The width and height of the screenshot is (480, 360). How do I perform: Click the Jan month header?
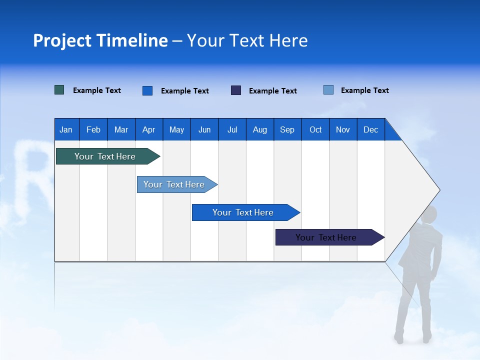pyautogui.click(x=66, y=129)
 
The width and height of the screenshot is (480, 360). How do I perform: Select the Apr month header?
pyautogui.click(x=148, y=129)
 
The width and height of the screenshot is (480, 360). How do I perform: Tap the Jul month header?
pyautogui.click(x=232, y=129)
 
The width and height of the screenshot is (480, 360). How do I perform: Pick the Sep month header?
pyautogui.click(x=287, y=129)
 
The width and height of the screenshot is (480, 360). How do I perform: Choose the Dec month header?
pyautogui.click(x=370, y=129)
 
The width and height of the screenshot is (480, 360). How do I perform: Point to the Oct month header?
pyautogui.click(x=315, y=129)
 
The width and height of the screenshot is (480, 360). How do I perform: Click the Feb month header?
pyautogui.click(x=93, y=129)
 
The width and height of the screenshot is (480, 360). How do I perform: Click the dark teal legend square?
pyautogui.click(x=59, y=90)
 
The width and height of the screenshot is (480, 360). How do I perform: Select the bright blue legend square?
pyautogui.click(x=147, y=90)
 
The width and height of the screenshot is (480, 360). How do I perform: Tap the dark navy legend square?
pyautogui.click(x=236, y=90)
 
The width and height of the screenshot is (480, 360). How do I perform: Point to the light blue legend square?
pyautogui.click(x=328, y=90)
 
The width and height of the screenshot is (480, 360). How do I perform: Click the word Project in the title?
pyautogui.click(x=62, y=40)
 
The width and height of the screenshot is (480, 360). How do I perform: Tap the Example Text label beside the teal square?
pyautogui.click(x=97, y=90)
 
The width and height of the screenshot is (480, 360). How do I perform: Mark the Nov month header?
pyautogui.click(x=343, y=129)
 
